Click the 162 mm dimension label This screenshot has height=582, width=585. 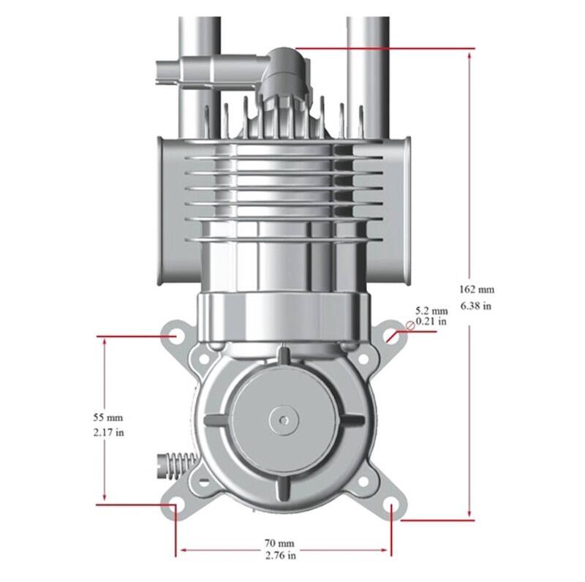pyautogui.click(x=477, y=290)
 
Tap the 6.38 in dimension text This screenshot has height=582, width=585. pyautogui.click(x=476, y=306)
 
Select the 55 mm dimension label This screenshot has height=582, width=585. pyautogui.click(x=107, y=417)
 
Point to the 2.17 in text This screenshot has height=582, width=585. pyautogui.click(x=108, y=433)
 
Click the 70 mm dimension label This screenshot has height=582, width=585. pyautogui.click(x=279, y=543)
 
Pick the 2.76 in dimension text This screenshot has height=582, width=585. pyautogui.click(x=281, y=556)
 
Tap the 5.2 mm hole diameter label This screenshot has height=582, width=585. pyautogui.click(x=431, y=311)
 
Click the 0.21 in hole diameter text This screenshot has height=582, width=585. pyautogui.click(x=431, y=321)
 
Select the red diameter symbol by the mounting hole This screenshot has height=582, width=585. pyautogui.click(x=410, y=325)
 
